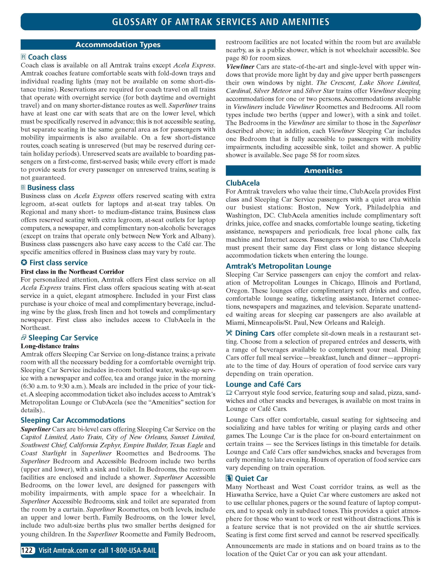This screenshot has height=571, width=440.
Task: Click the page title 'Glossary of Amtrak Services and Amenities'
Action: (220, 22)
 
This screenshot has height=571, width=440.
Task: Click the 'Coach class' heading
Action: (47, 57)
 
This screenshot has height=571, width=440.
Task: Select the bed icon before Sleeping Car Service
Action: (23, 338)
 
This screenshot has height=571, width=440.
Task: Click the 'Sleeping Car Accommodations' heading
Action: (73, 420)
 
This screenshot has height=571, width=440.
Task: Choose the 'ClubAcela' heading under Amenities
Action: (243, 183)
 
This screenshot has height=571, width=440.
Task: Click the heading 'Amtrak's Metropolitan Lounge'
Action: (278, 266)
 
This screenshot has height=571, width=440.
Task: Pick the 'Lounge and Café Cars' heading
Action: (263, 384)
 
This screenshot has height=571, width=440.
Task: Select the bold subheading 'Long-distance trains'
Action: (50, 346)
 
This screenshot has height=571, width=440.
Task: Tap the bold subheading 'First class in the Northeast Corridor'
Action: (72, 272)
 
